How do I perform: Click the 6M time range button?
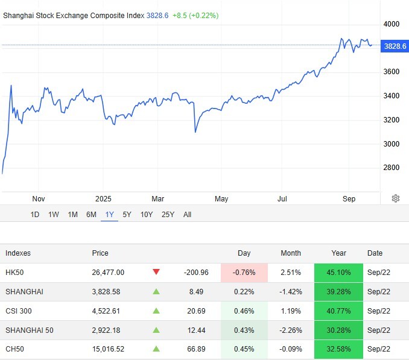[x=91, y=214]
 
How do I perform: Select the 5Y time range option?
[x=127, y=214]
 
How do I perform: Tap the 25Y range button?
[x=168, y=214]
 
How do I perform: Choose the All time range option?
[x=187, y=214]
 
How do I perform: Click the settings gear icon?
[x=396, y=198]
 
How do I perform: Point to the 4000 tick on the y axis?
[x=392, y=24]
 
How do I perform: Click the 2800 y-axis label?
[x=392, y=168]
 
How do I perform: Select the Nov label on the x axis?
[x=39, y=198]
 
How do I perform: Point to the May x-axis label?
[x=221, y=198]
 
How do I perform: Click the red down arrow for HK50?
[x=156, y=272]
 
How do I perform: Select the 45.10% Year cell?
[x=338, y=272]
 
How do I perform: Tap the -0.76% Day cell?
[x=244, y=272]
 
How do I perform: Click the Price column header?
[x=100, y=253]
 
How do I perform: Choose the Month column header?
[x=291, y=253]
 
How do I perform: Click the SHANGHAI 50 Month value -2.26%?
[x=291, y=330]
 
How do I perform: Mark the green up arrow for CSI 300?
[x=156, y=311]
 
